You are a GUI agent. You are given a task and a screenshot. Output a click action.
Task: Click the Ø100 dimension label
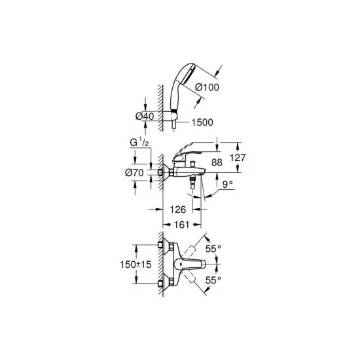(x=207, y=87)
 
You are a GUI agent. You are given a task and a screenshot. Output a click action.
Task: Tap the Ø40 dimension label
(x=145, y=116)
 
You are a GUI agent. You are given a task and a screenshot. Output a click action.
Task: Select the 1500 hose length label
(x=202, y=122)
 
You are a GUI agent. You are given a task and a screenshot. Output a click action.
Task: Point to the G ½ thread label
(x=139, y=143)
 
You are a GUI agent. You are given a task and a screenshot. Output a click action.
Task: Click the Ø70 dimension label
(x=134, y=173)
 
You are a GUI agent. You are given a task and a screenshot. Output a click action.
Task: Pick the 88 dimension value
(x=217, y=162)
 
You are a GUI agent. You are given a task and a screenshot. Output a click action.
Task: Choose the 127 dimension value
(x=238, y=158)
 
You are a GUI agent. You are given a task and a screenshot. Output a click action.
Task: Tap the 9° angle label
(x=227, y=184)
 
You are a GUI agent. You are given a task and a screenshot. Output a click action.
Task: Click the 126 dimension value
(x=177, y=209)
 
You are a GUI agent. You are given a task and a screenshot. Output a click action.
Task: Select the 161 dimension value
(x=181, y=225)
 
